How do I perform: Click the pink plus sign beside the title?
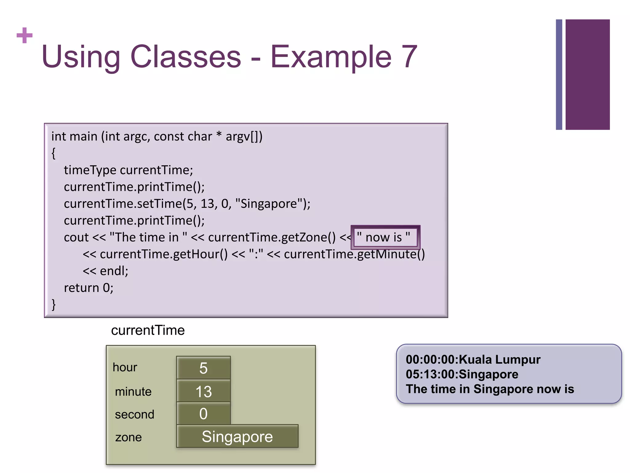click(x=25, y=35)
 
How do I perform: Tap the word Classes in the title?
click(x=186, y=57)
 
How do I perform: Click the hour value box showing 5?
click(x=203, y=368)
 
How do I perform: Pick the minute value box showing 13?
click(x=203, y=391)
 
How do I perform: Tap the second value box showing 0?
click(x=203, y=414)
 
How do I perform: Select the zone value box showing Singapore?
click(x=237, y=436)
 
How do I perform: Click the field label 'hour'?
click(x=125, y=367)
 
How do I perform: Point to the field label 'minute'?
click(x=133, y=392)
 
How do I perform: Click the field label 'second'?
click(x=134, y=414)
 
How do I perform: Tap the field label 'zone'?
click(x=129, y=437)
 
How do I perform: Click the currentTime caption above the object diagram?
click(x=148, y=330)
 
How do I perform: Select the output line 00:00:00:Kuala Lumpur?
click(x=473, y=360)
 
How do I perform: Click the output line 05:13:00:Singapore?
click(x=462, y=374)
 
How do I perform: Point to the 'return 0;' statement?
click(x=89, y=288)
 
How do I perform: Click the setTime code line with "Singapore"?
click(x=187, y=204)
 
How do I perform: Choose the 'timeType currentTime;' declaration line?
click(x=128, y=170)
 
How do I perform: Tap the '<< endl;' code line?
click(x=105, y=271)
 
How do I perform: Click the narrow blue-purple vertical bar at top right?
click(x=559, y=75)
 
